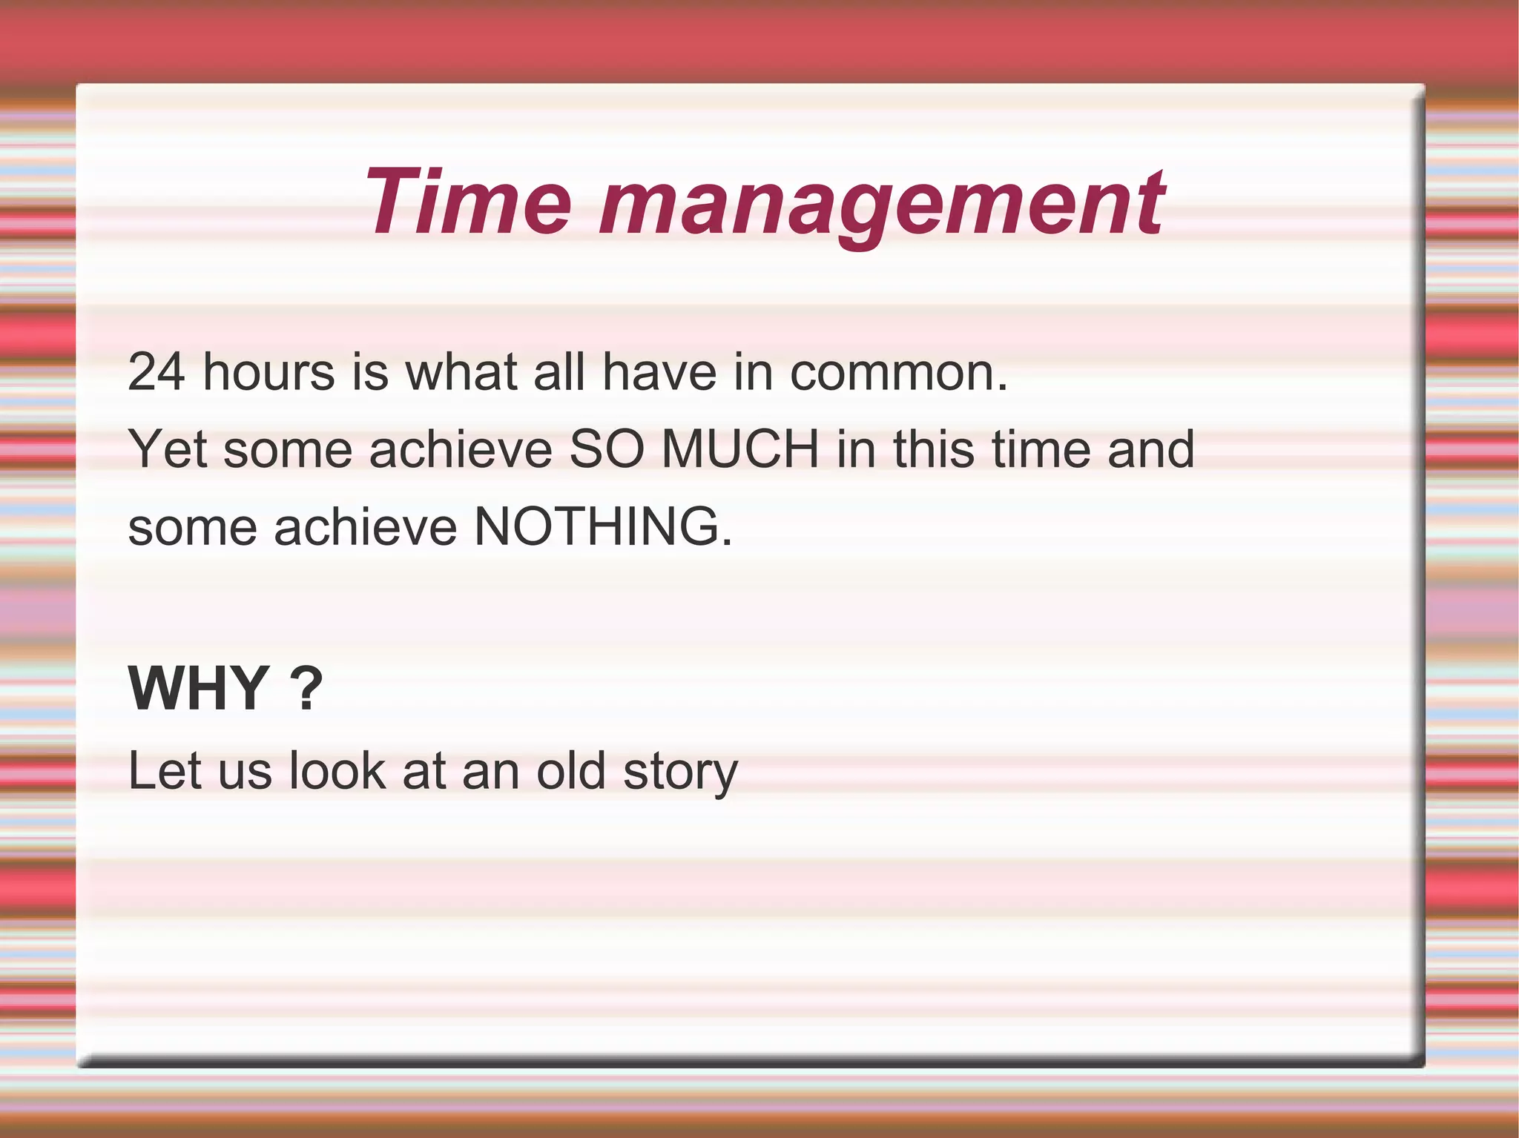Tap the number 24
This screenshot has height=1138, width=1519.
click(156, 371)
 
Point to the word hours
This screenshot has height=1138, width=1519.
click(268, 371)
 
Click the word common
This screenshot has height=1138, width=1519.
click(898, 371)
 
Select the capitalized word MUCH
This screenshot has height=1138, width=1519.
click(739, 449)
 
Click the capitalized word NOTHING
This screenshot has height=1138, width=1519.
click(602, 527)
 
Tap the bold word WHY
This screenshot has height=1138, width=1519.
click(199, 689)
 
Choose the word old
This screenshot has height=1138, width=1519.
click(571, 771)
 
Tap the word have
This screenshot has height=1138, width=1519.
click(659, 371)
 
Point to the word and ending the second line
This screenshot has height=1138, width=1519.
click(1150, 449)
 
